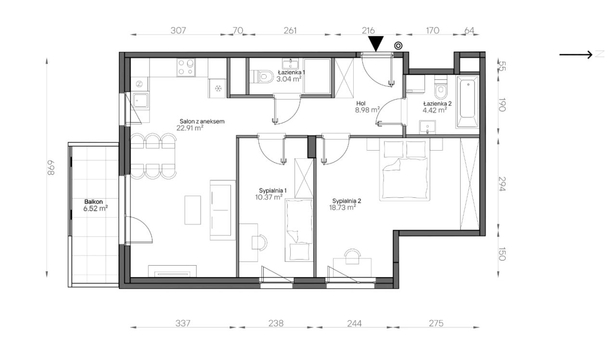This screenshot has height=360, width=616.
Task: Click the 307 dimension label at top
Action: pyautogui.click(x=178, y=30)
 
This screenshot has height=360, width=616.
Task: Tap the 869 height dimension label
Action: pyautogui.click(x=51, y=168)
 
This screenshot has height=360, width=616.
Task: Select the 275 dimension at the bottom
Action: pyautogui.click(x=436, y=323)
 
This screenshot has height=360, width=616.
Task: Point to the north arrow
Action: pyautogui.click(x=576, y=54)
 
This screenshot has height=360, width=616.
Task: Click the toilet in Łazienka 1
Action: pyautogui.click(x=261, y=76)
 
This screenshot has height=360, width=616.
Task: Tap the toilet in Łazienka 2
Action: pyautogui.click(x=441, y=87)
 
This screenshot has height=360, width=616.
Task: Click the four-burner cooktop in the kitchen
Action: pyautogui.click(x=186, y=68)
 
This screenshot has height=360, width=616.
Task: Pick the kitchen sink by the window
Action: pyautogui.click(x=140, y=101)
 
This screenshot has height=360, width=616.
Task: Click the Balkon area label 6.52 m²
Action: pyautogui.click(x=95, y=208)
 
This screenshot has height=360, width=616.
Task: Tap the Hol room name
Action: pyautogui.click(x=361, y=103)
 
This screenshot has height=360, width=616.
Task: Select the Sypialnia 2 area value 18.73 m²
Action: pyautogui.click(x=343, y=207)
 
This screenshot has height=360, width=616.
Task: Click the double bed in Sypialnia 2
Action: pyautogui.click(x=404, y=169)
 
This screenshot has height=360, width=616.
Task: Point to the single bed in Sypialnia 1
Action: pyautogui.click(x=299, y=230)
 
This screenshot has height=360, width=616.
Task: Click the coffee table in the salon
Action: pyautogui.click(x=192, y=210)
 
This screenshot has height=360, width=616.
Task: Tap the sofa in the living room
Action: pyautogui.click(x=222, y=210)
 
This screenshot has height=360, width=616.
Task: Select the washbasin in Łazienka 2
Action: pyautogui.click(x=427, y=127)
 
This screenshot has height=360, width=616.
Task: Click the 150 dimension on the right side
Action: pyautogui.click(x=502, y=254)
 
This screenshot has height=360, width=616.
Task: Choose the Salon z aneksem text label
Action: pyautogui.click(x=202, y=121)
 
